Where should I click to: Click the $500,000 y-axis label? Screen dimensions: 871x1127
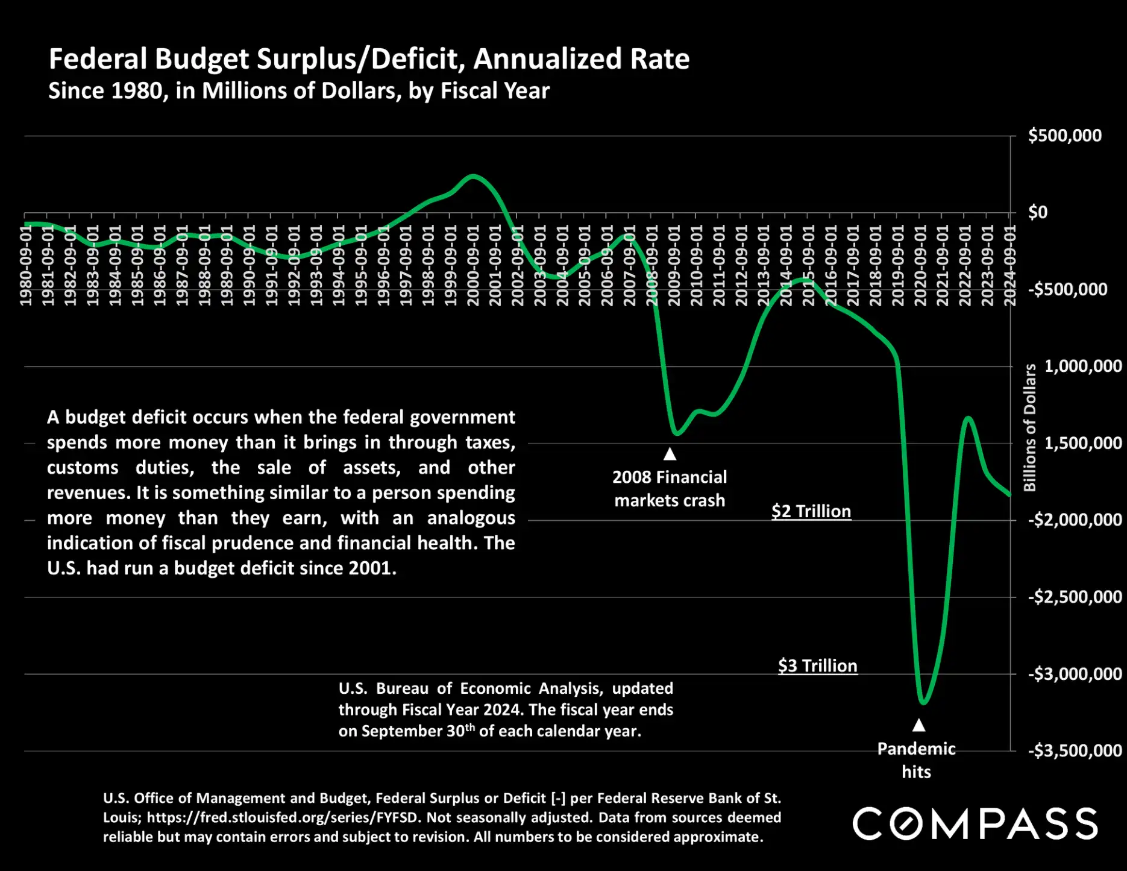coord(1064,136)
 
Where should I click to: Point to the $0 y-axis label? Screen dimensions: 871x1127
coord(1038,212)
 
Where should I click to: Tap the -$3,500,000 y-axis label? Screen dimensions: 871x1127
coord(1075,750)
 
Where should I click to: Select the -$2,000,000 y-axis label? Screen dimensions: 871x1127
coord(1075,520)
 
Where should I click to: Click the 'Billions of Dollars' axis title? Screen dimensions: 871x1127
coord(1030,427)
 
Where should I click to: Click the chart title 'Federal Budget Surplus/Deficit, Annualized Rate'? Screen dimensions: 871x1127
coord(369,59)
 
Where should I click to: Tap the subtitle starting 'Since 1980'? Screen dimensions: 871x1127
coord(299,91)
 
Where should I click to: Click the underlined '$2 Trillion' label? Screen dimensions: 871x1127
coord(811,511)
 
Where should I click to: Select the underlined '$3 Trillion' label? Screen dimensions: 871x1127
coord(817,665)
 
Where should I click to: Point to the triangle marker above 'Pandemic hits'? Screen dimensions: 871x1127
coord(918,725)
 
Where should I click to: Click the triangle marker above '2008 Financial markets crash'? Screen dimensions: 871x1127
coord(670,453)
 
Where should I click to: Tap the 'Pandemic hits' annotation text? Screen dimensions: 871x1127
coord(916,760)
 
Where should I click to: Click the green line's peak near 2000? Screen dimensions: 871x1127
coord(473,176)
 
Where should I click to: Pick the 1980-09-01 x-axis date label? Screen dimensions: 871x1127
coord(26,265)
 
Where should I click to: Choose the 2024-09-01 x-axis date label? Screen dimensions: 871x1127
coord(1010,265)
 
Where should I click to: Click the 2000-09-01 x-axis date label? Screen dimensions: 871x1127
coord(473,265)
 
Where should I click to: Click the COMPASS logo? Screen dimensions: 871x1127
coord(975,824)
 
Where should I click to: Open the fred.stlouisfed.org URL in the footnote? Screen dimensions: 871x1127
coord(286,817)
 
